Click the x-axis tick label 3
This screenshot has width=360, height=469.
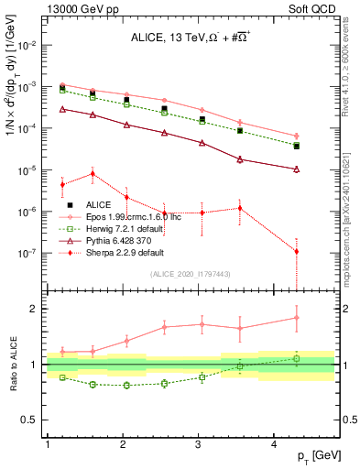[x=199, y=443]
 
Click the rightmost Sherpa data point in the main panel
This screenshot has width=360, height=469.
[x=296, y=251]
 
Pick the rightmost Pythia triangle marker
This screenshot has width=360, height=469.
[x=296, y=169]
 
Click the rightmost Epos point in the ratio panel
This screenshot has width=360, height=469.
[x=296, y=318]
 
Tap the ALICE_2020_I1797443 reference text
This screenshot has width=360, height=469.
[x=189, y=274]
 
